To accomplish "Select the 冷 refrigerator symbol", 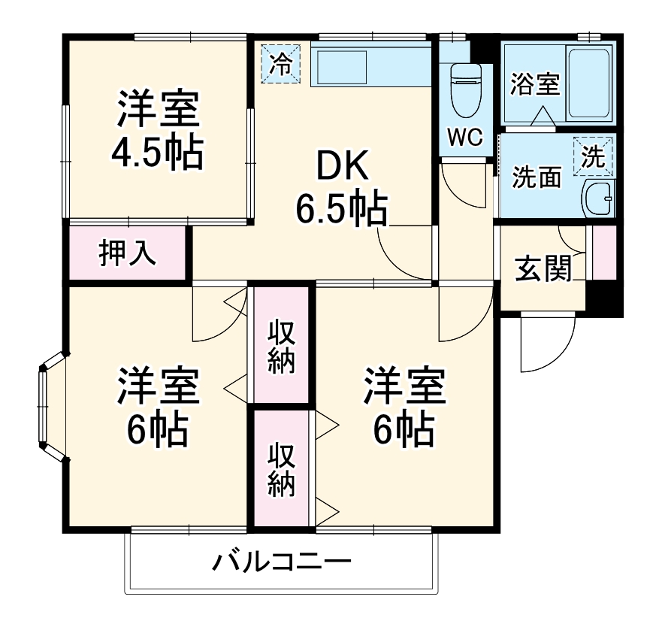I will pos(281,62).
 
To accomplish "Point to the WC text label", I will pos(467,138).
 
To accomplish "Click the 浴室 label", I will pos(534,84).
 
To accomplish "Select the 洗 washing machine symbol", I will pos(594,156).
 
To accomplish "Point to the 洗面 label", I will pos(537,177).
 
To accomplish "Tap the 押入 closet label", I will pos(128,253).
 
